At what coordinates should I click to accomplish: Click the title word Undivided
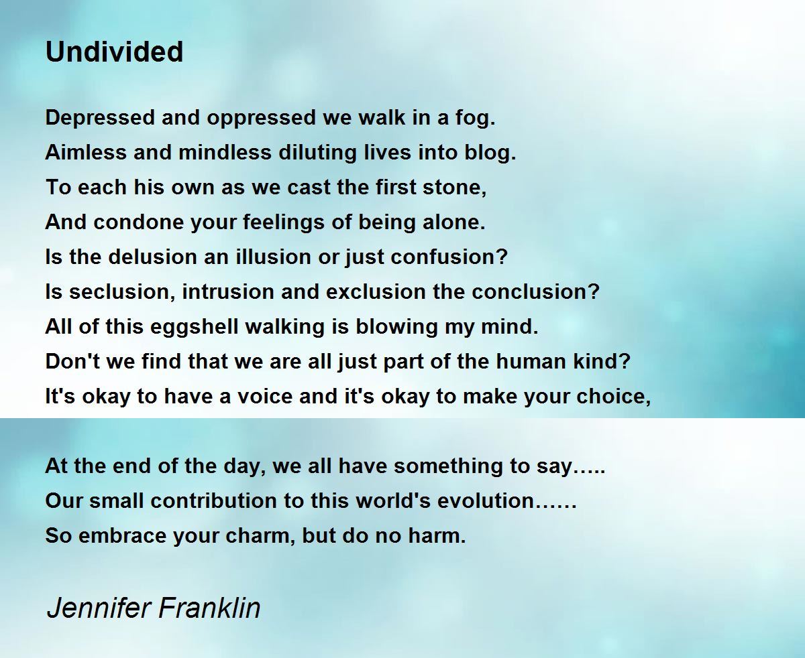pos(115,52)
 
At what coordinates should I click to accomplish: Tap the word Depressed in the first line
pos(101,118)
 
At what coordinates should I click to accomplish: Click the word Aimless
pos(86,153)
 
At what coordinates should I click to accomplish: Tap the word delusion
pos(152,257)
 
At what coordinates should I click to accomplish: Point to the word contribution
pos(214,501)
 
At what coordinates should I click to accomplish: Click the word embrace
pos(122,536)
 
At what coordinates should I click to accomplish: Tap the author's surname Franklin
pos(209,608)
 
